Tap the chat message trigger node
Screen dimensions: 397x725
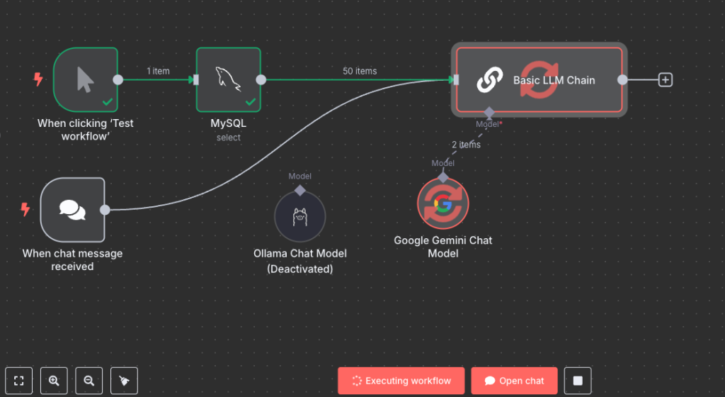(72, 209)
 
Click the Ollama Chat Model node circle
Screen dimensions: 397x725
(299, 216)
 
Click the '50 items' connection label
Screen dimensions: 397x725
(360, 71)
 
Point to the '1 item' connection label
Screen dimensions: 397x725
(158, 71)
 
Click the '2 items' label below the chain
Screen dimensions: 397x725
(466, 145)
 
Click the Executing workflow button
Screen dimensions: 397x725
(401, 381)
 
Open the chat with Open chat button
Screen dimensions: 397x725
(514, 381)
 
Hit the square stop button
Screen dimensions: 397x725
(578, 381)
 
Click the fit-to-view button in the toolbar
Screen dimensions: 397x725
(19, 381)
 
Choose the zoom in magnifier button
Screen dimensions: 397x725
(54, 381)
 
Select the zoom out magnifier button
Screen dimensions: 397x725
(89, 381)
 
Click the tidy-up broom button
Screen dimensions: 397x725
(125, 381)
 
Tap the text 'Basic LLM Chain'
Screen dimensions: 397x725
(554, 80)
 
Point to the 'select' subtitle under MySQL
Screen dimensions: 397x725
(229, 138)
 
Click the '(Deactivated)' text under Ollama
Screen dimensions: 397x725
(299, 269)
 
